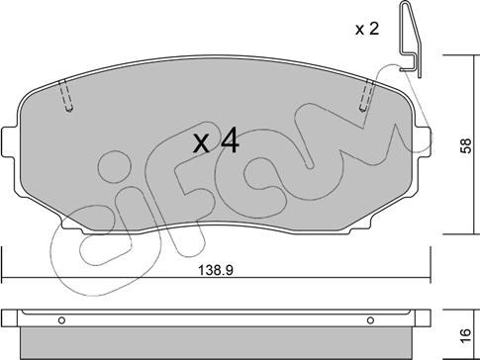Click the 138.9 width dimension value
coord(216,271)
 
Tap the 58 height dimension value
coord(466,145)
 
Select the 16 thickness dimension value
coord(465,336)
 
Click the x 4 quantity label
coord(216,142)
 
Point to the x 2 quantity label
coord(367,30)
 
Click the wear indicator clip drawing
coord(412,39)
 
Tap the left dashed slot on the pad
coord(66,96)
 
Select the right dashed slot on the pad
coord(367,95)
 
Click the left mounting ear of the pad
coord(9,142)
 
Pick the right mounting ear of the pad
coord(424,142)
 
